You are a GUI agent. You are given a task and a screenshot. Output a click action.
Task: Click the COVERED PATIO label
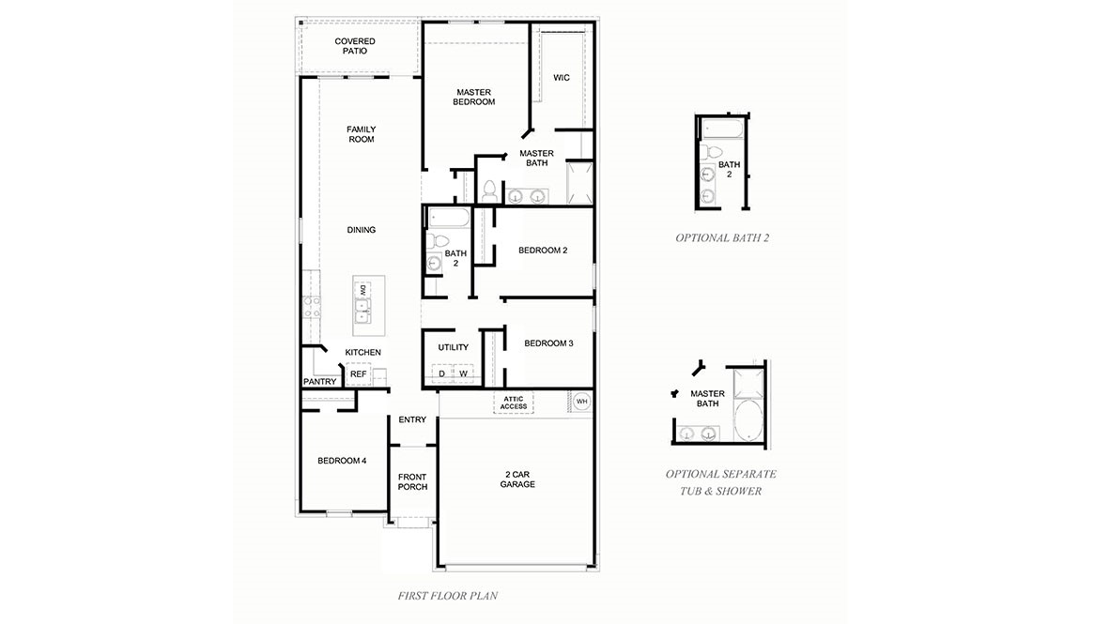(355, 46)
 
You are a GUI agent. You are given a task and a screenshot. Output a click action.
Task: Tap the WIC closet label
(562, 78)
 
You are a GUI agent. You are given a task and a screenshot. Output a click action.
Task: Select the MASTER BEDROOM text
(473, 97)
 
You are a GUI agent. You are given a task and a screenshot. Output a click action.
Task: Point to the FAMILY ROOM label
(361, 134)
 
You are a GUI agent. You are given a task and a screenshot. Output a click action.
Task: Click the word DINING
(362, 230)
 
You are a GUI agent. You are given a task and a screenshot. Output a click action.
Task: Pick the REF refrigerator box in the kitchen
(358, 373)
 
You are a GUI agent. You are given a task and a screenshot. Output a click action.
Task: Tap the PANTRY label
(319, 382)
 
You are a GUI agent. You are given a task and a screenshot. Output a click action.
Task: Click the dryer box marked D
(441, 373)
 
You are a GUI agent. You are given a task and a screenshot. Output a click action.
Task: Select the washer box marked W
(463, 373)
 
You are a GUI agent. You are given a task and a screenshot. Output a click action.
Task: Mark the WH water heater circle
(581, 401)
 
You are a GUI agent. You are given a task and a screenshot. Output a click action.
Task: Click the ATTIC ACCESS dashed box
(514, 402)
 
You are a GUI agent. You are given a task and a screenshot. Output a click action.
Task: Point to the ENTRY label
(412, 419)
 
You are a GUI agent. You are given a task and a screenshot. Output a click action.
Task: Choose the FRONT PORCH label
(412, 482)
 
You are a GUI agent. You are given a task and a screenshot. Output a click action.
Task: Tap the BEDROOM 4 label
(342, 461)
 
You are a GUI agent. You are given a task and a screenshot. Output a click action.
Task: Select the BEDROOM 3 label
(548, 343)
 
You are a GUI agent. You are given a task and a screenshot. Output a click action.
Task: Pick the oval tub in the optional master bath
(748, 421)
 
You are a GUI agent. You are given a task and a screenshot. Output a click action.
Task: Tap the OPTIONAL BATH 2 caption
(722, 238)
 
